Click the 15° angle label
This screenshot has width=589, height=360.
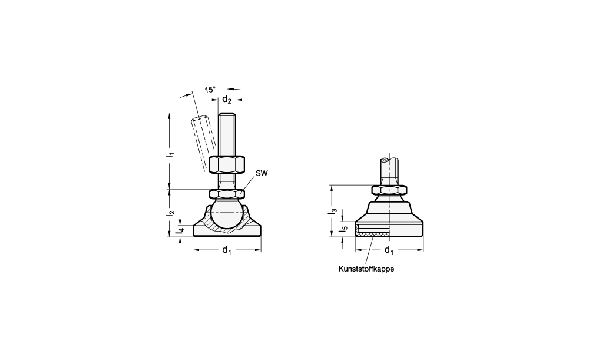[x=210, y=90]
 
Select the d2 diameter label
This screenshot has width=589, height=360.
[x=227, y=100]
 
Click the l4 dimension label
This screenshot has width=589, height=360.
[x=181, y=230]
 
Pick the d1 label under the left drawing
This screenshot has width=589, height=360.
[x=227, y=250]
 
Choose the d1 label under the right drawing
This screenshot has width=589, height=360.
[x=389, y=250]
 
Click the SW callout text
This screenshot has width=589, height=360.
[x=262, y=173]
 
